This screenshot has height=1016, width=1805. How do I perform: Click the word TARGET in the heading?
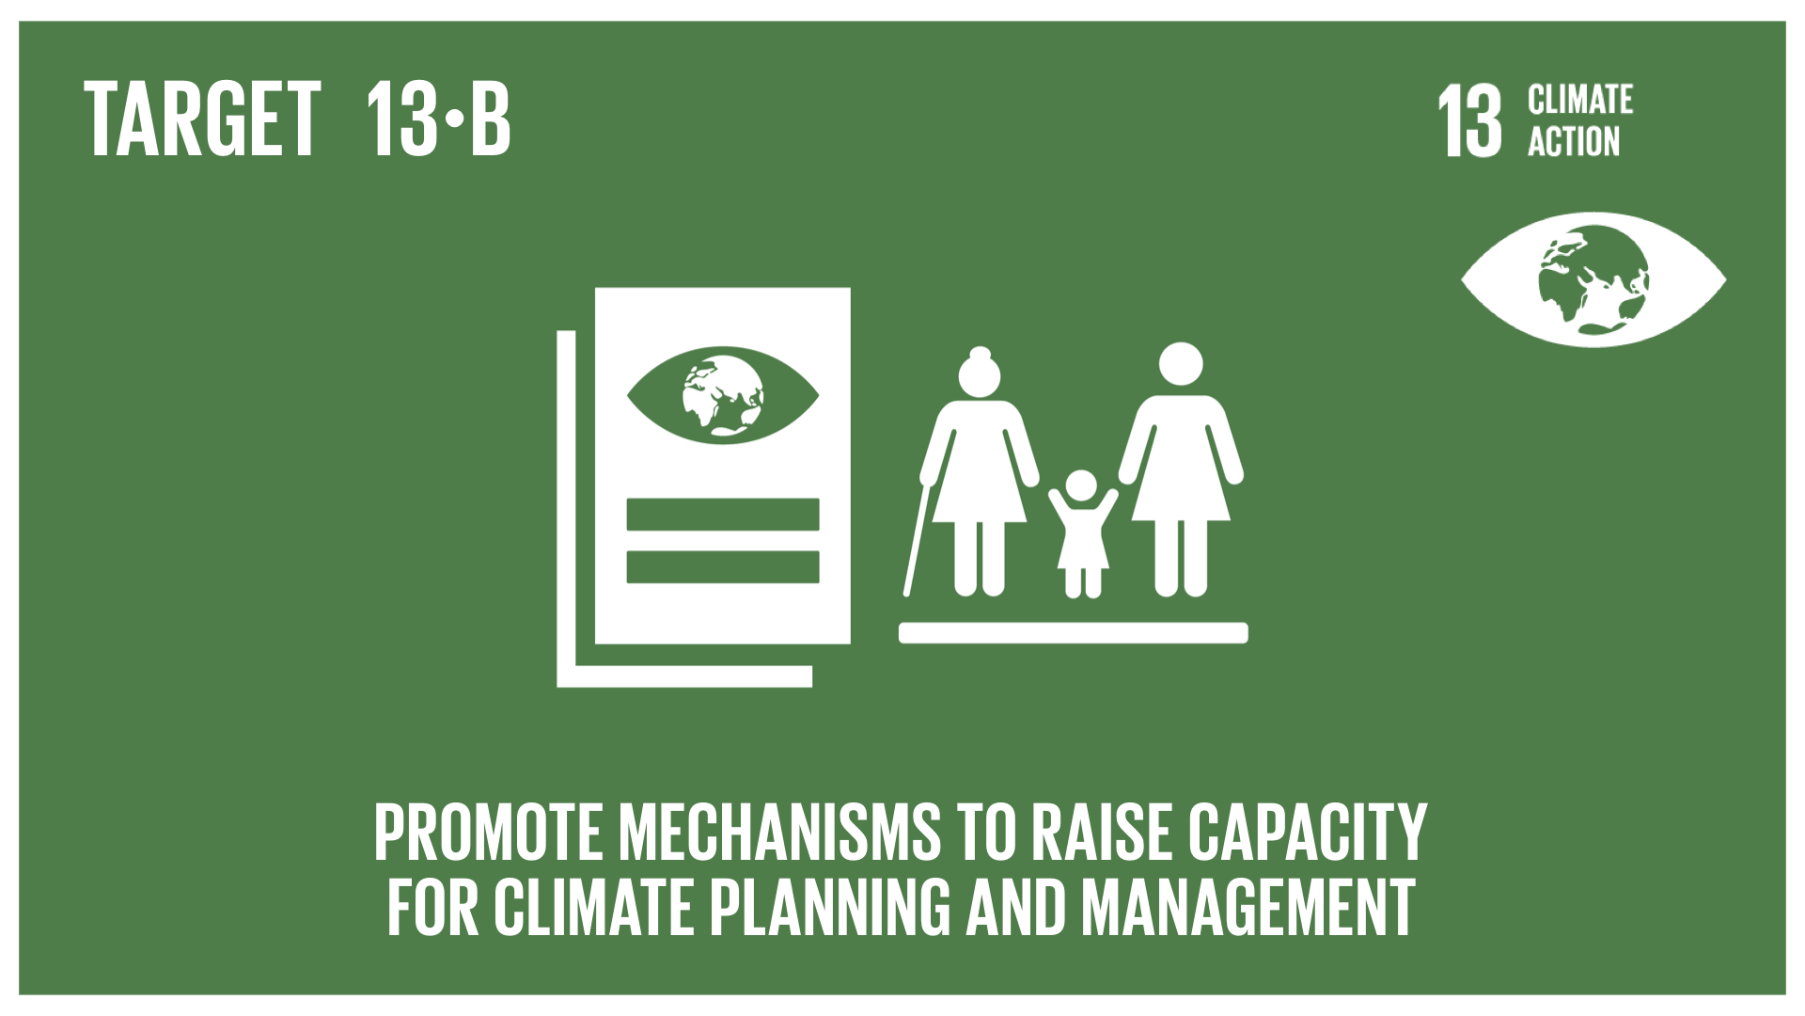(203, 119)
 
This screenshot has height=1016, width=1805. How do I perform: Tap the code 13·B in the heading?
(434, 119)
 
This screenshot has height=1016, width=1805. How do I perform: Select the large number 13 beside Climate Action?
(1469, 122)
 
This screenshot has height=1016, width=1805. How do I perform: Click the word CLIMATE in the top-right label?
(1580, 100)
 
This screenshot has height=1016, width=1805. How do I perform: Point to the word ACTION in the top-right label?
(1574, 141)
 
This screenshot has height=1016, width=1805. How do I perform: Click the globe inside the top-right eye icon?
(1593, 278)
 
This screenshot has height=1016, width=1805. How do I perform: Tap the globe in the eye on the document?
(723, 394)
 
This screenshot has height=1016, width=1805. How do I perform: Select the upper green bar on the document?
(723, 515)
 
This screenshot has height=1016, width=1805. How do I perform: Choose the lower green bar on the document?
(723, 567)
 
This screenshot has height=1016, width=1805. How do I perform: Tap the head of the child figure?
(1083, 486)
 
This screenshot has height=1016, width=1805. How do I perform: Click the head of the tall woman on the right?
(1180, 367)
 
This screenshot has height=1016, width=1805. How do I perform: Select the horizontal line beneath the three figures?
(1074, 632)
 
